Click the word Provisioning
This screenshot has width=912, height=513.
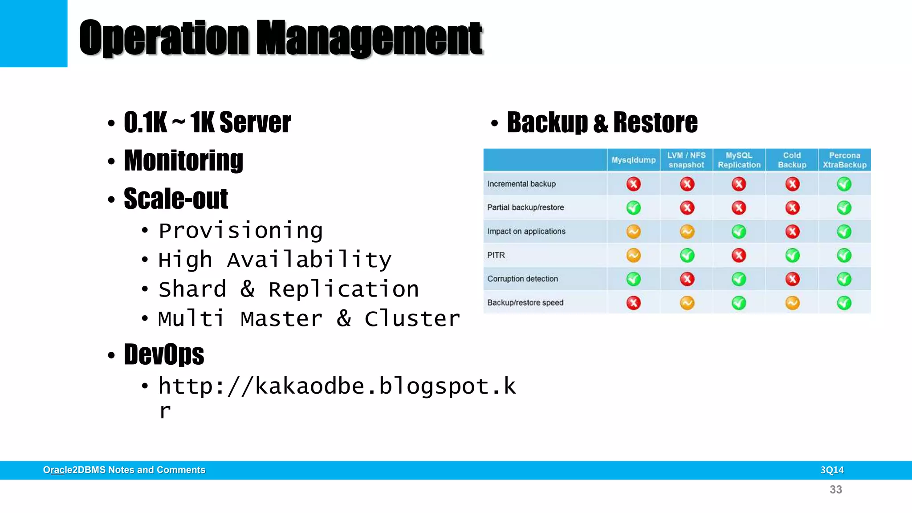tap(240, 231)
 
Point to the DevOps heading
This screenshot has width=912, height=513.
tap(164, 354)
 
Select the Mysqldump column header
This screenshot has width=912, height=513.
tap(633, 160)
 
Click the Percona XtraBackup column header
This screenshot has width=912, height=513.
tap(844, 160)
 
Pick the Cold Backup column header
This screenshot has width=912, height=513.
tap(792, 160)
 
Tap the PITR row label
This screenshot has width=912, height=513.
tap(496, 255)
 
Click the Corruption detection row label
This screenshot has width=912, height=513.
tap(522, 279)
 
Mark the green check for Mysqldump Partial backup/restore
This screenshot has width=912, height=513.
tap(633, 208)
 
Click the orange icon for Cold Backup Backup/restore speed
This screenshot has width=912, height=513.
tap(792, 303)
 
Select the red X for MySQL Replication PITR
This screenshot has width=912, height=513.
tap(739, 255)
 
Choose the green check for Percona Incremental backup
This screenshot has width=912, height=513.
tap(844, 184)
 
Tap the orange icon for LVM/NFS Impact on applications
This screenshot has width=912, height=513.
tap(687, 232)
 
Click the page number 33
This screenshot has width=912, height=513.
tap(836, 490)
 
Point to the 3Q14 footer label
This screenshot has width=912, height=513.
tap(832, 470)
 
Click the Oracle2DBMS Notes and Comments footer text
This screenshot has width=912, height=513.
tap(124, 470)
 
